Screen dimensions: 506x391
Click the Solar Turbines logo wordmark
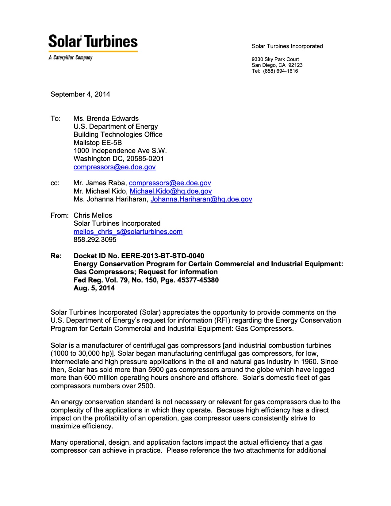[x=93, y=41]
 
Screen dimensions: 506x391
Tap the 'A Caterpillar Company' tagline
[x=71, y=58]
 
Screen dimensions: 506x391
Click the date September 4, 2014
[x=80, y=94]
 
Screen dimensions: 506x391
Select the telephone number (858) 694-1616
[x=280, y=71]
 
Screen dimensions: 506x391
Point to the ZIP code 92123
[x=295, y=65]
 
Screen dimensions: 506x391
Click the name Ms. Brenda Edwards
[x=106, y=118]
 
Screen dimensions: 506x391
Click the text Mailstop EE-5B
[x=98, y=143]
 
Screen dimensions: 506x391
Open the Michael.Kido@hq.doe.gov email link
[x=171, y=191]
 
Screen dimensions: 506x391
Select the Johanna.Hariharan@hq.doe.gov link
[x=201, y=199]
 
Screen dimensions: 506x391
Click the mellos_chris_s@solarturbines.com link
[x=128, y=232]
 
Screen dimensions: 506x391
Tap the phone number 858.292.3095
[x=95, y=240]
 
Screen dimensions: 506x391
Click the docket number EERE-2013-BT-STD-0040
[x=163, y=256]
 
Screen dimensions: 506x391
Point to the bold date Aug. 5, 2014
[x=94, y=288]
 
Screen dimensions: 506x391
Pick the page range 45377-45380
[x=198, y=280]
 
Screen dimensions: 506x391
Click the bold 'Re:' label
[x=56, y=256]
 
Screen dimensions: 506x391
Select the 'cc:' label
[x=55, y=183]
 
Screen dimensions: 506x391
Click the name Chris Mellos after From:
[x=93, y=215]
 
